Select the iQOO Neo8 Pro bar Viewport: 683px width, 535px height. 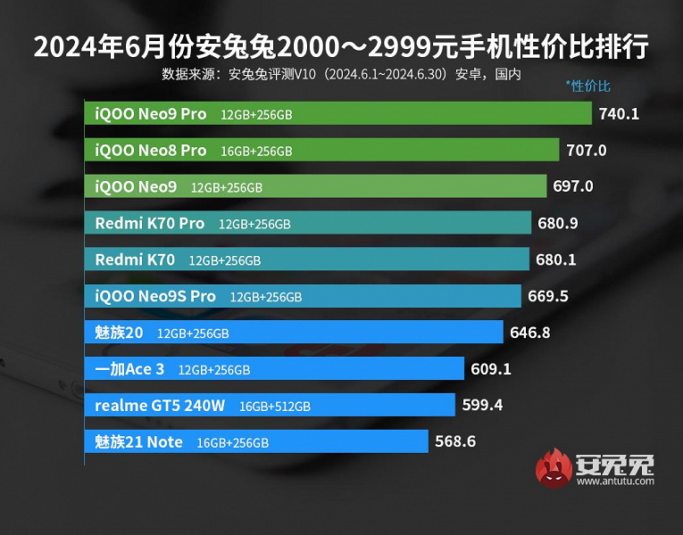[321, 151]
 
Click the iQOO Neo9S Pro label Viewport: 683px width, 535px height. [155, 296]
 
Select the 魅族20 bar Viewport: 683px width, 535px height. [294, 333]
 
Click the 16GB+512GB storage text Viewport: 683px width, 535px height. [275, 407]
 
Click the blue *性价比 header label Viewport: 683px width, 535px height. [587, 86]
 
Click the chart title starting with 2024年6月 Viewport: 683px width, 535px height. [341, 46]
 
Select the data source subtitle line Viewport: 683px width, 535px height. [341, 73]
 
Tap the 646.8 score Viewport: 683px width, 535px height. [529, 333]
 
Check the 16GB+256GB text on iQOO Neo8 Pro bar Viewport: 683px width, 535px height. [256, 152]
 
